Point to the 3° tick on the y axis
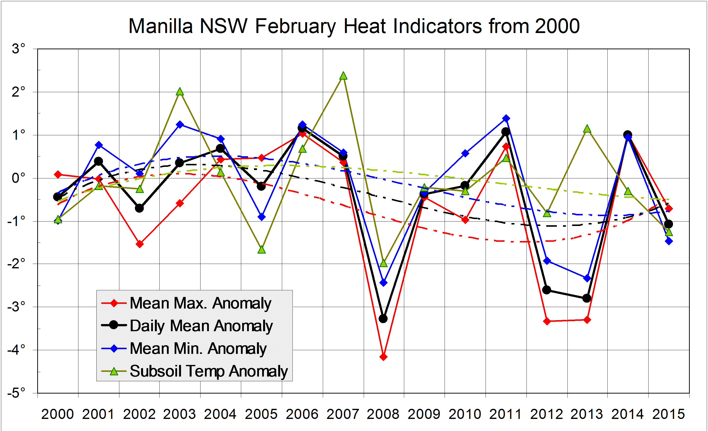pos(19,49)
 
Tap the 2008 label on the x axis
pos(383,414)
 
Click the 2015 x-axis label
pos(669,414)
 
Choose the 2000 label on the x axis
pos(57,414)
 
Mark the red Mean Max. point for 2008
pos(383,357)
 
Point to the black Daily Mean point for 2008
pos(383,318)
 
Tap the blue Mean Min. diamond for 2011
pos(506,118)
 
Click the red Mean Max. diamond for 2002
pos(140,244)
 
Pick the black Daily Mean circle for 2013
pos(587,298)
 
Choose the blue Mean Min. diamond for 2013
pos(587,278)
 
